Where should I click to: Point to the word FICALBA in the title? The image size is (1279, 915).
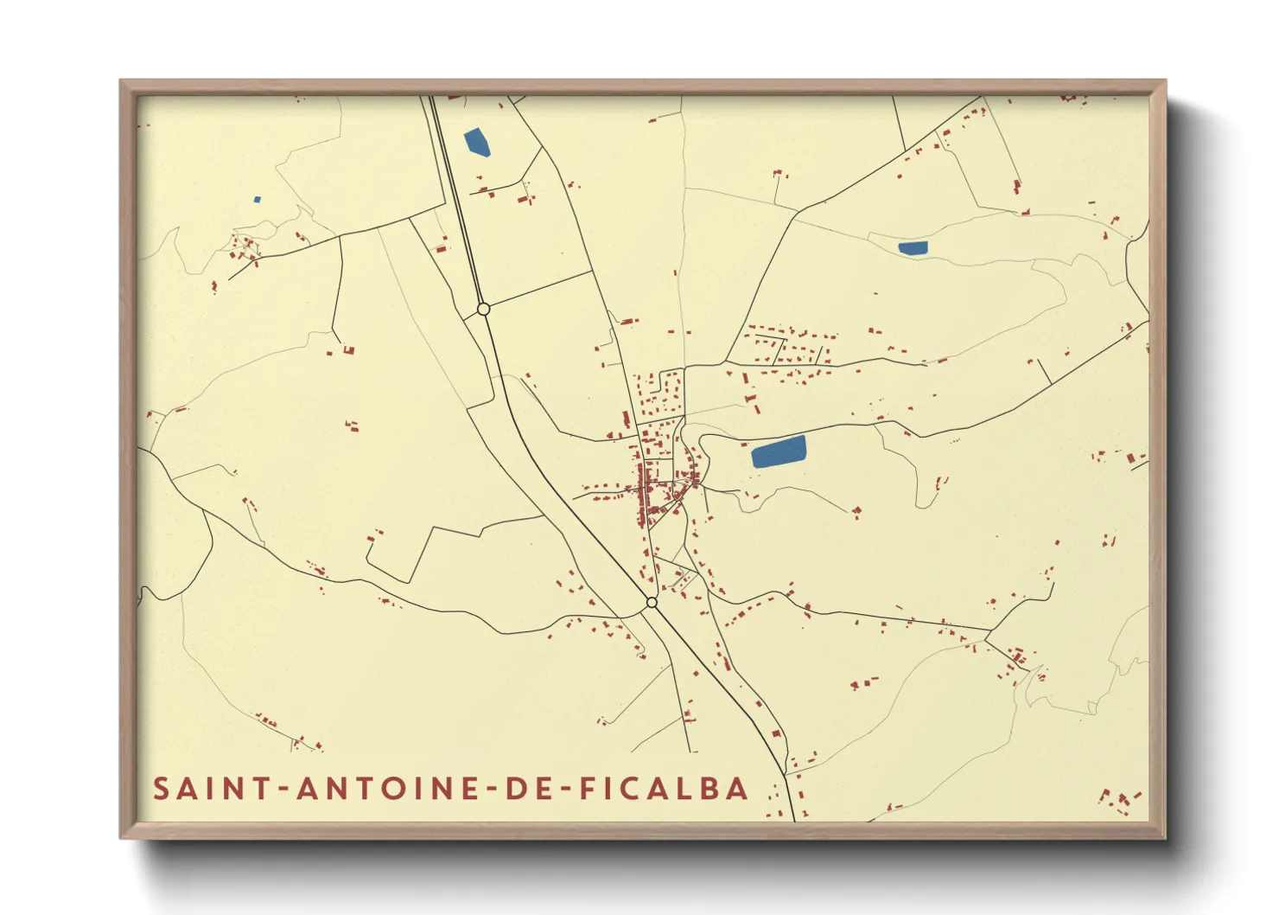664,789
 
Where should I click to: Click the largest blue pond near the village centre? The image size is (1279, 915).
779,452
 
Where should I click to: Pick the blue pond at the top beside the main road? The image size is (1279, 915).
477,143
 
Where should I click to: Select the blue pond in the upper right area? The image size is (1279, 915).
913,248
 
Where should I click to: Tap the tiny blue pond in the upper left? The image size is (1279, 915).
258,200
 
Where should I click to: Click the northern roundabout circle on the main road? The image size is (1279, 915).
484,309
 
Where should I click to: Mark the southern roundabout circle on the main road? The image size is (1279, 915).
652,602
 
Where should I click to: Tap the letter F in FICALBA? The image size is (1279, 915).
588,789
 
